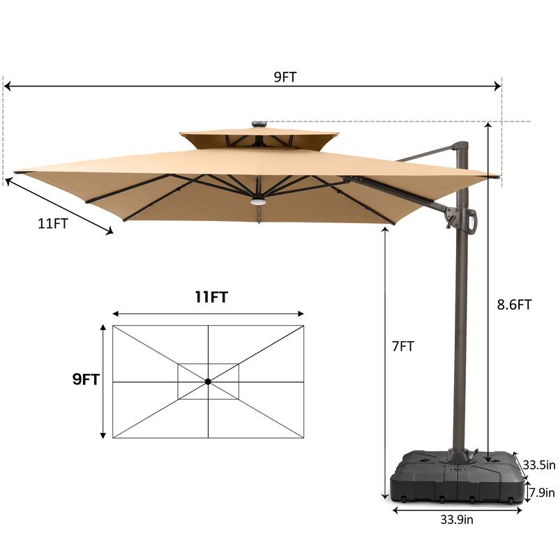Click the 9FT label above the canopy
point(285,77)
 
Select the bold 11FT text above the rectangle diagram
point(211,298)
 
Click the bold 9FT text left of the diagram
point(86,379)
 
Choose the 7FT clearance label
point(402,346)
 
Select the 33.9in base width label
point(458,519)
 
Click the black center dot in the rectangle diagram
point(208,381)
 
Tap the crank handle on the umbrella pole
point(474,220)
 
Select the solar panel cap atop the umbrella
point(259,124)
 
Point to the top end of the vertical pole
point(460,146)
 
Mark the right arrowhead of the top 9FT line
point(498,86)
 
